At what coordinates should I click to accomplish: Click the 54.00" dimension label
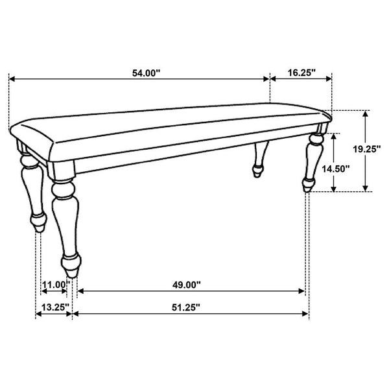146,73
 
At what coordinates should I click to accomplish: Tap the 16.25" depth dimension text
301,73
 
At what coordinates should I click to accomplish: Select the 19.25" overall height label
367,149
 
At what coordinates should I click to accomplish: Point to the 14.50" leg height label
336,169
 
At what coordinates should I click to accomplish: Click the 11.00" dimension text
56,285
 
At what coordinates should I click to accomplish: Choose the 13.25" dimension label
55,307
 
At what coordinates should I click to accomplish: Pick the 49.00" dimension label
186,285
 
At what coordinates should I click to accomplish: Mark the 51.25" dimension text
186,307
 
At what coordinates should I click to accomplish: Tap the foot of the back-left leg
39,223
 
